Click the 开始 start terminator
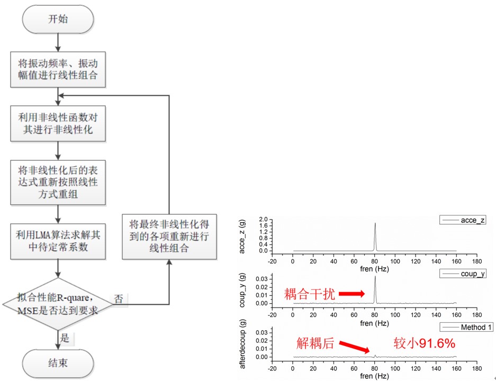[x=58, y=20]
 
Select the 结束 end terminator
[x=58, y=363]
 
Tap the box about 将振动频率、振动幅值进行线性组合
[x=58, y=69]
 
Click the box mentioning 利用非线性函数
[x=58, y=122]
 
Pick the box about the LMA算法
[x=58, y=241]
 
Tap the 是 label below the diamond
[x=65, y=338]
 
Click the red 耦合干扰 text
[x=310, y=294]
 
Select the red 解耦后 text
[x=314, y=343]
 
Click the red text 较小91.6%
[x=424, y=344]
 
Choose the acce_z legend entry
[x=466, y=220]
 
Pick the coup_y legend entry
[x=466, y=274]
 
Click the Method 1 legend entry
[x=466, y=328]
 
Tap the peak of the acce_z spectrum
[x=375, y=223]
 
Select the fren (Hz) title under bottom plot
[x=375, y=377]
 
